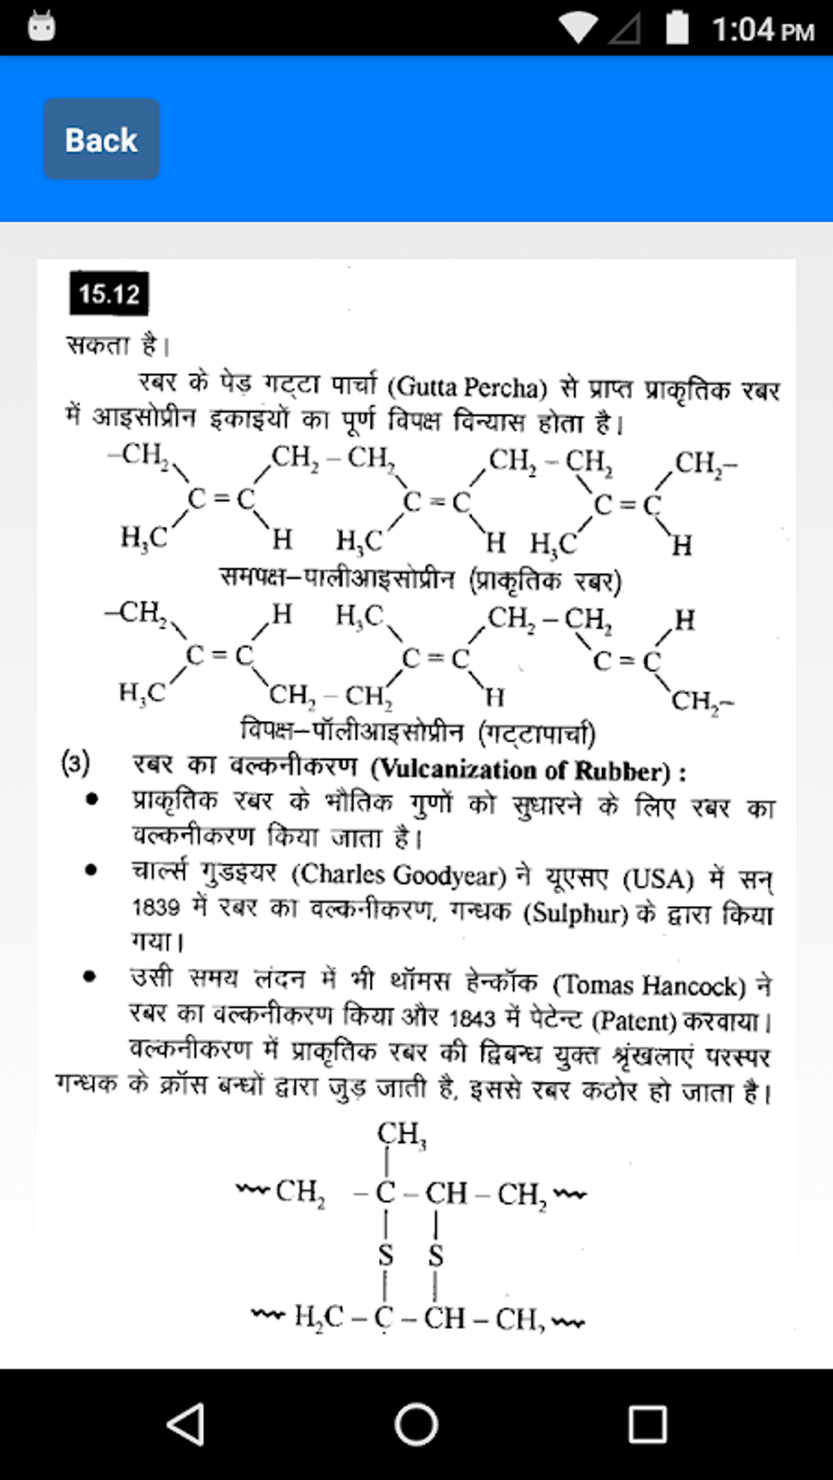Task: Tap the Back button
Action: (x=101, y=140)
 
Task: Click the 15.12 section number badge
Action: (x=109, y=294)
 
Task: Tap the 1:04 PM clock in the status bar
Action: (x=763, y=30)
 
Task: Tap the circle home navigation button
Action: (x=416, y=1424)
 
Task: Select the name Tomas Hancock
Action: (x=649, y=986)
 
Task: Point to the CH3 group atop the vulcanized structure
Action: (x=401, y=1133)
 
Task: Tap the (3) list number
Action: (x=75, y=765)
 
